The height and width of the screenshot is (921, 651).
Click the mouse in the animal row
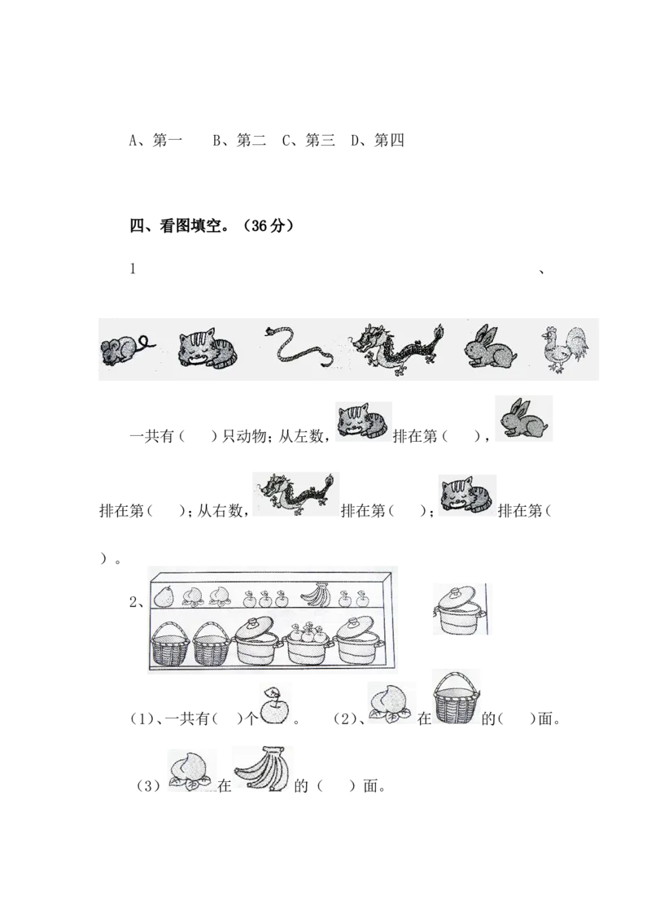127,350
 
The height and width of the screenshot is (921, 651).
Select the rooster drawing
565,349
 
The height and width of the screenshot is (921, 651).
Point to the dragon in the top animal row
397,348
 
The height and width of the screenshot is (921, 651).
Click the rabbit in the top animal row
491,347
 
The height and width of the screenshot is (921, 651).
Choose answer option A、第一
155,141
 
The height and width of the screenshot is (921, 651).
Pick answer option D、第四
378,141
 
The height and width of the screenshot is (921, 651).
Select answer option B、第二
239,141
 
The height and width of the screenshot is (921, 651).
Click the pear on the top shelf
164,596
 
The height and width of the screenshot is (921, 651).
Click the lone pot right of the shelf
458,609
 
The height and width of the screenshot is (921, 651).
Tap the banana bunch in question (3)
263,768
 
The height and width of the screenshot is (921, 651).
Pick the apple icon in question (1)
274,705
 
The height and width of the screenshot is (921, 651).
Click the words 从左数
299,436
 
